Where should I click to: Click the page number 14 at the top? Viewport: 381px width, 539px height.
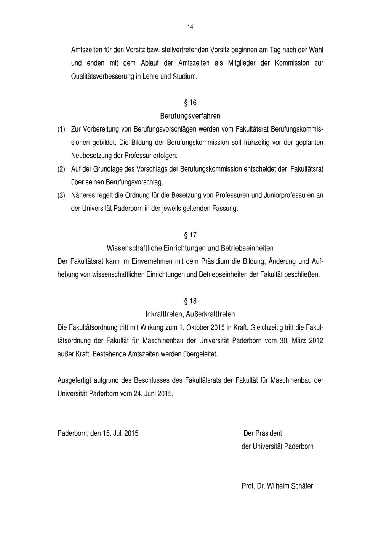click(x=190, y=27)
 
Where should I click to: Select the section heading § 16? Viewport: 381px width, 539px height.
click(x=190, y=103)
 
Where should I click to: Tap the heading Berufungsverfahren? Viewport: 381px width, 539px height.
click(x=190, y=115)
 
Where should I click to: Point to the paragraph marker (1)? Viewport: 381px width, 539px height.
click(x=61, y=129)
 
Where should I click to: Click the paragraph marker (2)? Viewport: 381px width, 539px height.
click(x=61, y=169)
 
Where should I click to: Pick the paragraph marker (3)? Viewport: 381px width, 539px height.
click(x=61, y=196)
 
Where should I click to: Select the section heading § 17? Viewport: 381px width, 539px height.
click(x=190, y=235)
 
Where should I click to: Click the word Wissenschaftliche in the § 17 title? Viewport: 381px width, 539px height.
click(x=134, y=248)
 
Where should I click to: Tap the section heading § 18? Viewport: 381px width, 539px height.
click(x=190, y=301)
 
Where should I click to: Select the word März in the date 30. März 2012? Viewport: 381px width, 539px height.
click(x=299, y=341)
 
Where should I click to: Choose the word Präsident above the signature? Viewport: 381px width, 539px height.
click(x=269, y=433)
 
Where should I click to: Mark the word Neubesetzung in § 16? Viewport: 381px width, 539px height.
click(x=90, y=156)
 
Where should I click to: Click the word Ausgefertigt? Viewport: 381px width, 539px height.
click(x=75, y=380)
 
